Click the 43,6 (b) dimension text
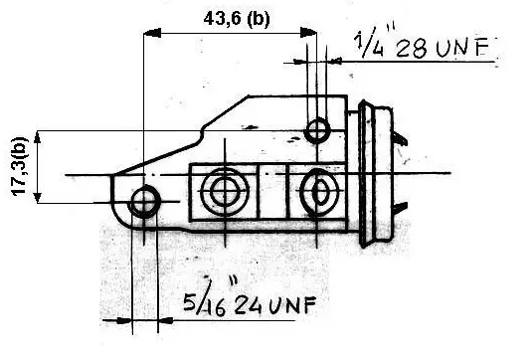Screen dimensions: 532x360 click(237, 19)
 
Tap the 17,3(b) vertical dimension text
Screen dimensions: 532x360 click(19, 166)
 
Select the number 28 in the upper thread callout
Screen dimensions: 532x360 click(412, 48)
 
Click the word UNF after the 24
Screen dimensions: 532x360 click(292, 304)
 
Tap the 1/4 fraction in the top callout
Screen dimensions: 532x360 click(369, 44)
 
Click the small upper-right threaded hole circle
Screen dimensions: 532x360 click(317, 130)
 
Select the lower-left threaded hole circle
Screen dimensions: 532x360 click(145, 202)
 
